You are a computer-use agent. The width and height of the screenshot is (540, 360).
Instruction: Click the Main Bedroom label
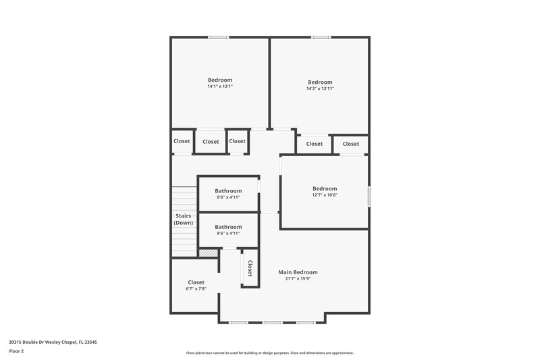pyautogui.click(x=298, y=272)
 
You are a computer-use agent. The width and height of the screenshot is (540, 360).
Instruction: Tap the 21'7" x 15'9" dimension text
pyautogui.click(x=298, y=278)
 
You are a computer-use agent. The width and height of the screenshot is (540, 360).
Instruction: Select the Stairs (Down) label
pyautogui.click(x=183, y=219)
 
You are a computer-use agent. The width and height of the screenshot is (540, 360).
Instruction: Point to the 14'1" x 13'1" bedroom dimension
pyautogui.click(x=220, y=86)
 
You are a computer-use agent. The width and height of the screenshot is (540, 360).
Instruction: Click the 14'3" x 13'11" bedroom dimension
pyautogui.click(x=320, y=88)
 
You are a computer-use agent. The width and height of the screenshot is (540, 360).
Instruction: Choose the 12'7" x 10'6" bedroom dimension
pyautogui.click(x=324, y=195)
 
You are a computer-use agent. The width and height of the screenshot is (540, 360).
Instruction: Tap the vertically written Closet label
pyautogui.click(x=250, y=268)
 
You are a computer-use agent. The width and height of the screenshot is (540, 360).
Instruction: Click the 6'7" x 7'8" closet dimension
pyautogui.click(x=196, y=288)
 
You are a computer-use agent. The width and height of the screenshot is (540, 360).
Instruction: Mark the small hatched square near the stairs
pyautogui.click(x=208, y=253)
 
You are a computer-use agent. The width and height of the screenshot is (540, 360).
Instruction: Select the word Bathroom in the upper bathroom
pyautogui.click(x=228, y=190)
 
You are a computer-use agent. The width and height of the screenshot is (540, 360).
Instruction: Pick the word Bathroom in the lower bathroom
pyautogui.click(x=228, y=227)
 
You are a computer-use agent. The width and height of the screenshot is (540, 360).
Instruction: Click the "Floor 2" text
pyautogui.click(x=16, y=351)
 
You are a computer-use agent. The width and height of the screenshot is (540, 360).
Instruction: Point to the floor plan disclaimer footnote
pyautogui.click(x=269, y=353)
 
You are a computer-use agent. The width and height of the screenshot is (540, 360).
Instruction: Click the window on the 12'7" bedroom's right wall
pyautogui.click(x=369, y=196)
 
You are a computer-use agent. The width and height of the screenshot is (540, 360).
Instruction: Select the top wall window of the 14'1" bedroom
pyautogui.click(x=218, y=37)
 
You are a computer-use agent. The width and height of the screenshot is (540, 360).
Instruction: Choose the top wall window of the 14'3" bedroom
pyautogui.click(x=320, y=37)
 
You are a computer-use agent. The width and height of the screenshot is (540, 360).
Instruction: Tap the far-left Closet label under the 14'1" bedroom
pyautogui.click(x=182, y=141)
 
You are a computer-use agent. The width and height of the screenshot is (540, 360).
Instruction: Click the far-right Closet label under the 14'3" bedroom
pyautogui.click(x=350, y=144)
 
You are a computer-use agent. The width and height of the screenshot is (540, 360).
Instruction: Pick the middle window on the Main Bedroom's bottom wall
pyautogui.click(x=272, y=322)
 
